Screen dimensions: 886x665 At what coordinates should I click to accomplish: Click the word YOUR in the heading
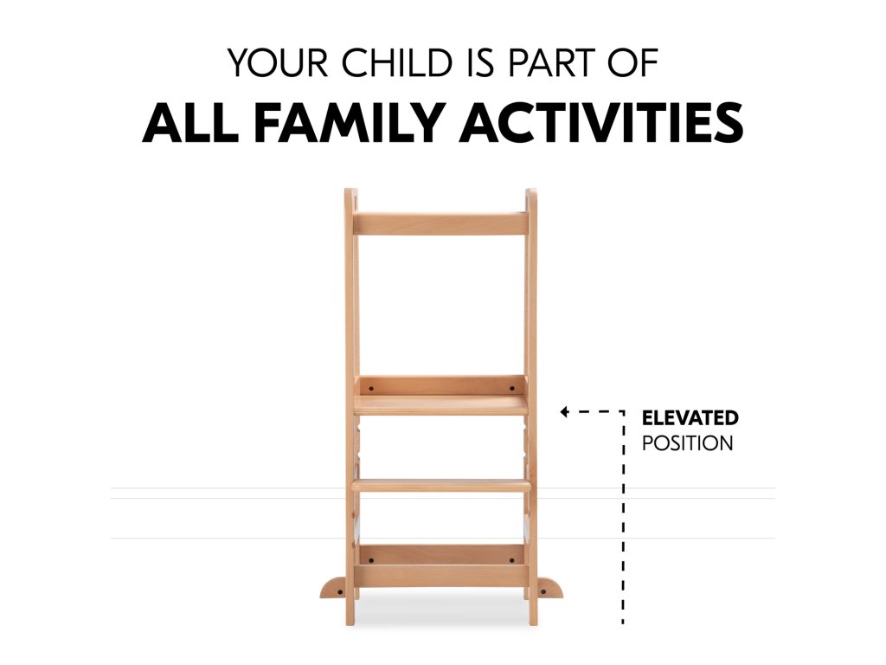[278, 62]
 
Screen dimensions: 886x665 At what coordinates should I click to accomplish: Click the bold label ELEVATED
[690, 418]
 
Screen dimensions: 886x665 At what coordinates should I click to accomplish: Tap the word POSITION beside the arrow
[687, 443]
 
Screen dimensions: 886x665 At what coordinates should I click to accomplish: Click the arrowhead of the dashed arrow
[564, 411]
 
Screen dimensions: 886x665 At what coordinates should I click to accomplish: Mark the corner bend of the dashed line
[623, 411]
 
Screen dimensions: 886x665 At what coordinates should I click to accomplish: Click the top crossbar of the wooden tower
[440, 224]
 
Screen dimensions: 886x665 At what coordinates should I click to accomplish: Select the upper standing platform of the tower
[441, 405]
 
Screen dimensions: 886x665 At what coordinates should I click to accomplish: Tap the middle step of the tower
[441, 485]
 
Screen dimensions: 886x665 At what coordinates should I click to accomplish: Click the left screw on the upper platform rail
[370, 389]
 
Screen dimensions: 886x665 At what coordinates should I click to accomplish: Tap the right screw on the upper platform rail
[512, 389]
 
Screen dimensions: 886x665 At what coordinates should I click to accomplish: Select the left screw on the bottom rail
[370, 560]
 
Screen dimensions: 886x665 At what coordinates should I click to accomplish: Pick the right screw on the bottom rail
[512, 560]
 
